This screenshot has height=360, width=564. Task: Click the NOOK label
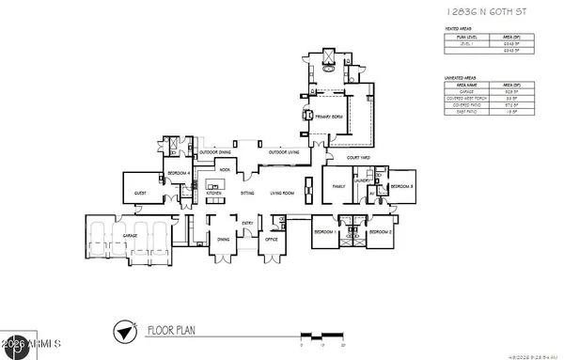225,170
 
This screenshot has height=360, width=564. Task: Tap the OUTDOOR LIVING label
283,152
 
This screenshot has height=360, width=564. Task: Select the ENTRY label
247,223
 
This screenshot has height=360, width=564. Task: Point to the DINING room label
224,240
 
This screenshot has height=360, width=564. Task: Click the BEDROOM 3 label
401,187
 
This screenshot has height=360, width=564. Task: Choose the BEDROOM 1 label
325,230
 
